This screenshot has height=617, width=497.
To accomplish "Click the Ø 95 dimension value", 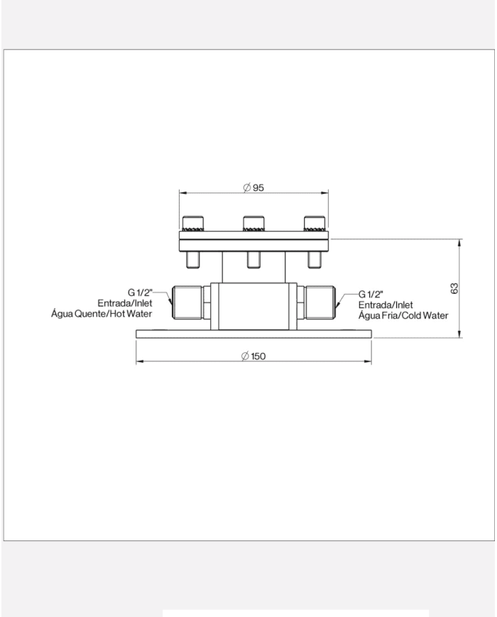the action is click(x=253, y=187).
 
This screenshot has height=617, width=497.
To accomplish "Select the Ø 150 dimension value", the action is click(x=253, y=356).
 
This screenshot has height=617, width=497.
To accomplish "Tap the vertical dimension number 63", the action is click(x=454, y=288).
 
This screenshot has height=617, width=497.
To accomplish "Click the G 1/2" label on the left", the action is click(x=140, y=293).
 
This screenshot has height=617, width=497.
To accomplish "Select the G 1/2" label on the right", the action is click(x=371, y=295).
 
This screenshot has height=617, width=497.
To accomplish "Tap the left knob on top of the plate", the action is click(x=193, y=224).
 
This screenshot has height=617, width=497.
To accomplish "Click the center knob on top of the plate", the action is click(x=253, y=224).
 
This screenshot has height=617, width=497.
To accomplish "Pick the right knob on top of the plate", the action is click(x=315, y=224).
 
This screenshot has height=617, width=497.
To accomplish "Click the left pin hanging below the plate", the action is click(x=193, y=260).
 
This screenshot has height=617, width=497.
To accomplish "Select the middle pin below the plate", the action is click(x=253, y=260).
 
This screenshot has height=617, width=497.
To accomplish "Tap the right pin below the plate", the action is click(x=315, y=260).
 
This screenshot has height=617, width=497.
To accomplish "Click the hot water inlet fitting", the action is click(x=187, y=302).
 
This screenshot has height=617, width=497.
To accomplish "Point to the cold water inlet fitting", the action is click(x=320, y=302).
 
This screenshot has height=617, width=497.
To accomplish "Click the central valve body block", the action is click(x=253, y=306).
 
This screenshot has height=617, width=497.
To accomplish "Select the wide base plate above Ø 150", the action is click(x=253, y=334).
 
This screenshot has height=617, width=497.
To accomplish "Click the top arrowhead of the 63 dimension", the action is click(x=459, y=242).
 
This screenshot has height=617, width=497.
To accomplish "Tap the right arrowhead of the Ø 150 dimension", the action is click(x=368, y=361).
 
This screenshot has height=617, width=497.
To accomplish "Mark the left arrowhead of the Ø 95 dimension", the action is click(x=183, y=193).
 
